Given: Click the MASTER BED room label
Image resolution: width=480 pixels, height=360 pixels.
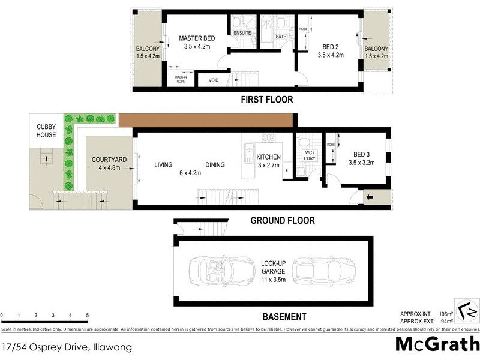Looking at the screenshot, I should pyautogui.click(x=197, y=39).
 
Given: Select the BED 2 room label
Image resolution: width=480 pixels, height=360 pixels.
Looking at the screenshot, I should pyautogui.click(x=331, y=46).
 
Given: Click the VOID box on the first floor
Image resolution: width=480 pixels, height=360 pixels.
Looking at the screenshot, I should pyautogui.click(x=213, y=80).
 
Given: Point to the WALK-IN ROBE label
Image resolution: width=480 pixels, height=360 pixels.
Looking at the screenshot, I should pyautogui.click(x=180, y=78).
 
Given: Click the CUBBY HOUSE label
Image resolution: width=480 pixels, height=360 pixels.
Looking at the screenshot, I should pyautogui.click(x=46, y=131).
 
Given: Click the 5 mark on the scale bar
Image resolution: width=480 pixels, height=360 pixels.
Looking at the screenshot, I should pyautogui.click(x=88, y=315).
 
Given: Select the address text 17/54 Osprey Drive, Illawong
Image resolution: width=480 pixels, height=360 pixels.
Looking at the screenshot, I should pyautogui.click(x=67, y=346).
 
